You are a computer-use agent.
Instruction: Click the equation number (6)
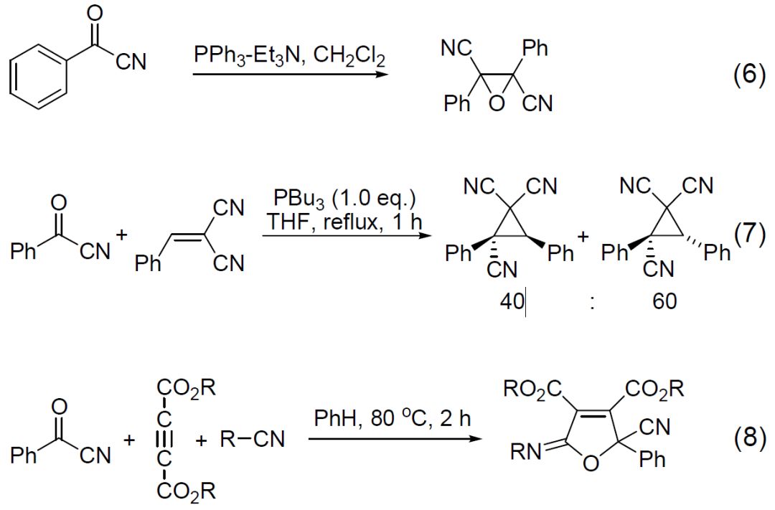pyautogui.click(x=739, y=75)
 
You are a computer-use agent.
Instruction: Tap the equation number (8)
pyautogui.click(x=739, y=438)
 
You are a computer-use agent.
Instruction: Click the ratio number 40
pyautogui.click(x=512, y=302)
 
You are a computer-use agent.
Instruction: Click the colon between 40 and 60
pyautogui.click(x=591, y=303)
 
